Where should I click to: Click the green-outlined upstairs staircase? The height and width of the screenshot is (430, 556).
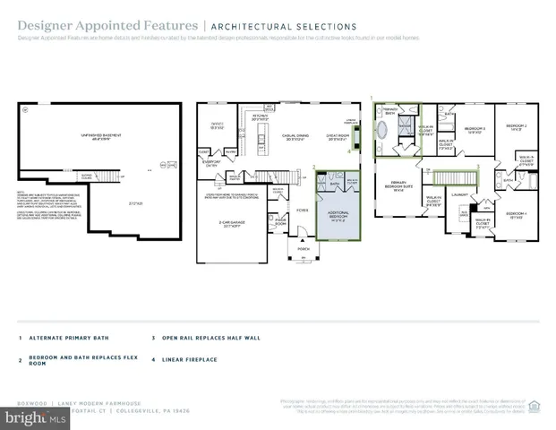(x=453, y=174)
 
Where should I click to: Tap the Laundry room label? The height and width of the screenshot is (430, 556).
(x=460, y=194)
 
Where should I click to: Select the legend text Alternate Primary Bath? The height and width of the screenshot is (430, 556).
(x=66, y=339)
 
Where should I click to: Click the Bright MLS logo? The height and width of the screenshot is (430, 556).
(x=33, y=417)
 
